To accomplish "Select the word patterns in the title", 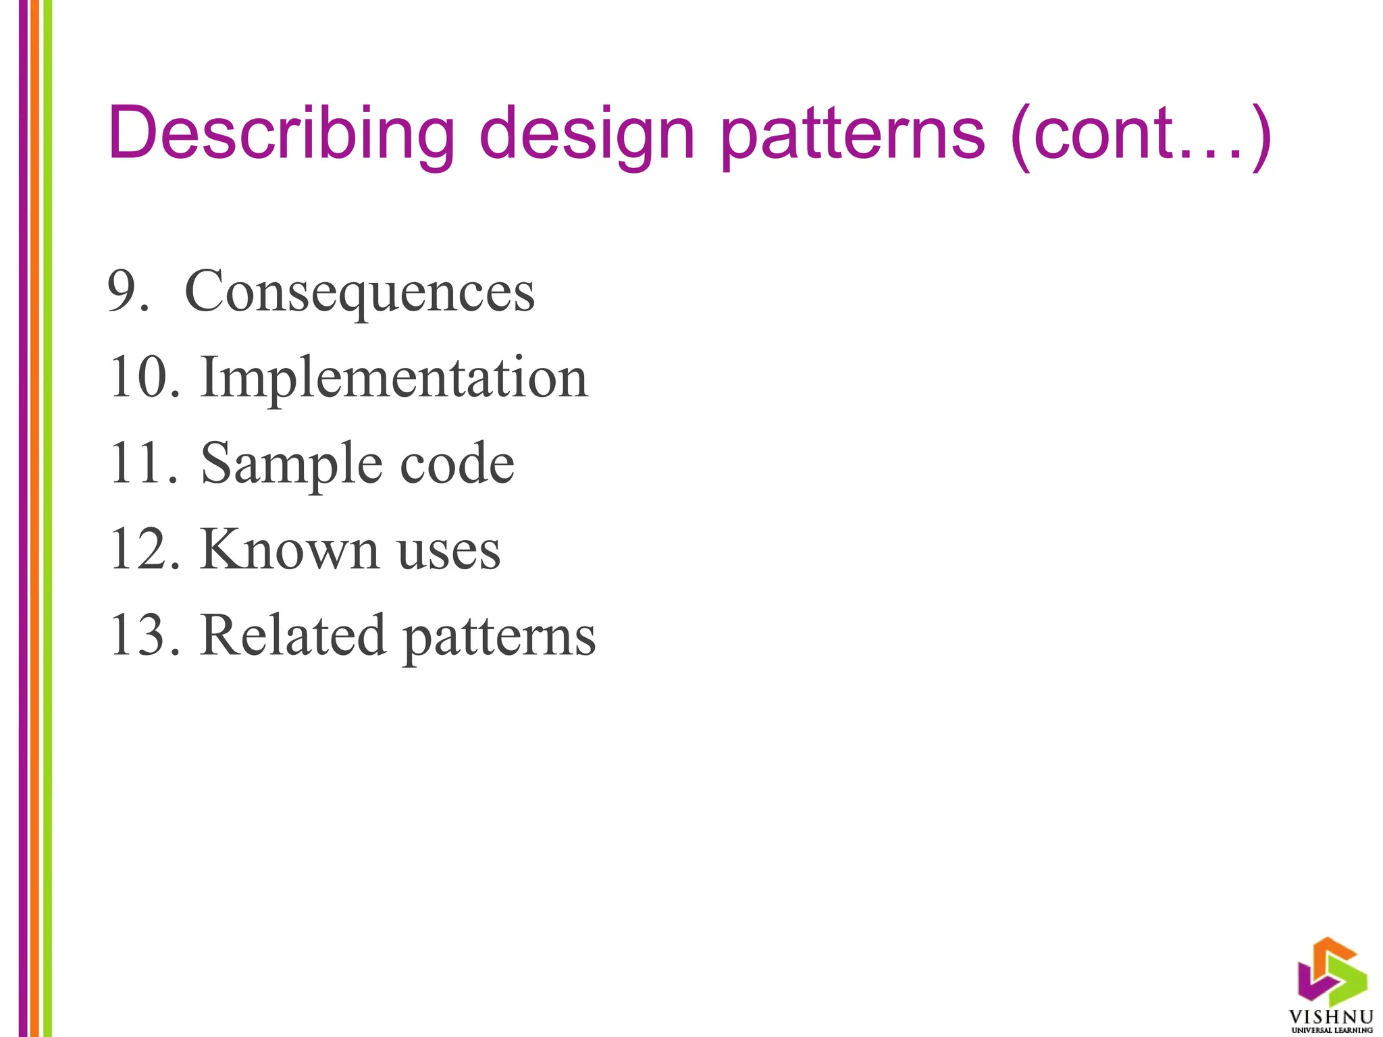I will tap(852, 135).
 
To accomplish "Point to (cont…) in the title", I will tap(1141, 135).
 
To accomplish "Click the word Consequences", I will tap(359, 292).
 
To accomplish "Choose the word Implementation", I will tap(394, 378).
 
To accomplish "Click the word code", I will tap(457, 463).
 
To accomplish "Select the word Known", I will tap(288, 550).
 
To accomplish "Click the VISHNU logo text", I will tap(1331, 1017).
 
